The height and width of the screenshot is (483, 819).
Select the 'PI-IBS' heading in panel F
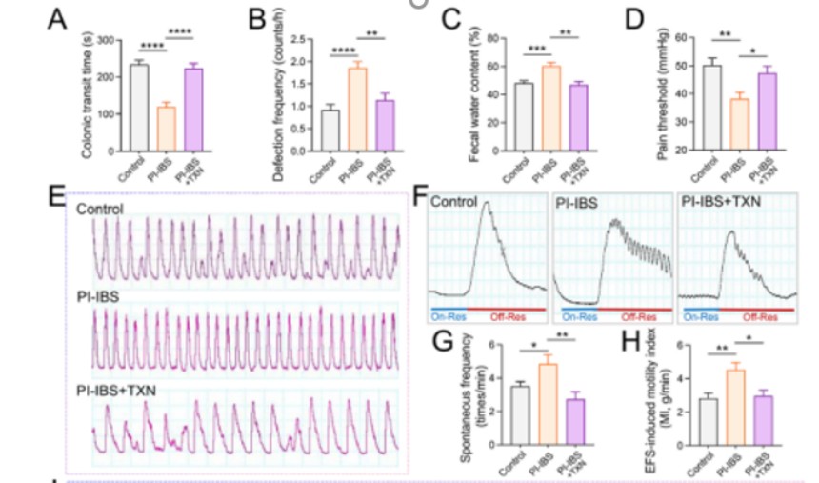(x=576, y=203)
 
